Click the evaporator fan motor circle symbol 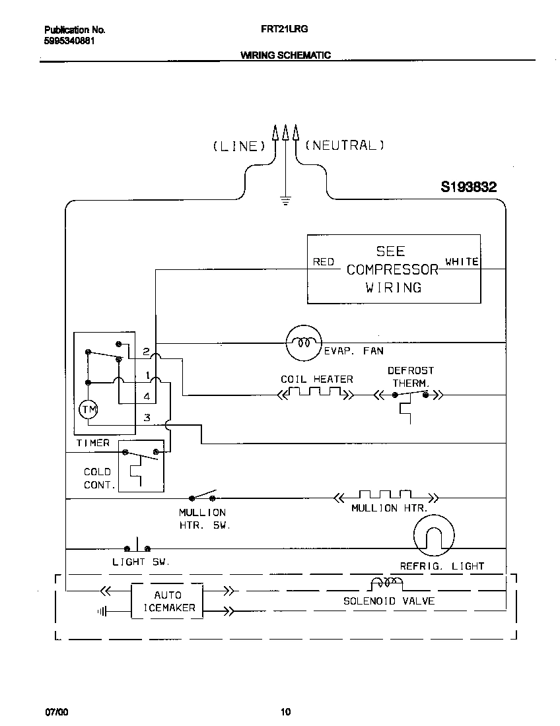[303, 343]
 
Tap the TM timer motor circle [88, 410]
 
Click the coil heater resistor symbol [315, 395]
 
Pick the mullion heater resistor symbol [385, 496]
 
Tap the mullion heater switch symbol [204, 496]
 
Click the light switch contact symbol [137, 547]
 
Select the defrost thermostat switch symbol [409, 396]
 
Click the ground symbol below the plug [285, 200]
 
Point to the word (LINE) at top [239, 147]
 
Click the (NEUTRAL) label [344, 146]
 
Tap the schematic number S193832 [468, 187]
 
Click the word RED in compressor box [324, 262]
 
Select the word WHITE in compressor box [462, 261]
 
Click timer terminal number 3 [147, 418]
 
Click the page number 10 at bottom [285, 711]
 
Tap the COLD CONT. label [98, 478]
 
